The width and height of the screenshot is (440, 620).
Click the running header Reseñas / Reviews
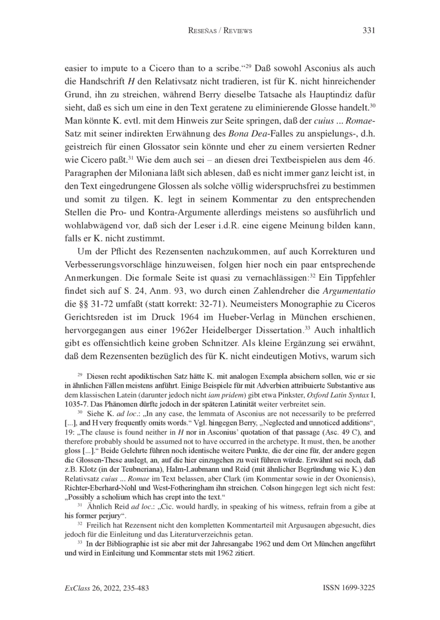tap(220, 31)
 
